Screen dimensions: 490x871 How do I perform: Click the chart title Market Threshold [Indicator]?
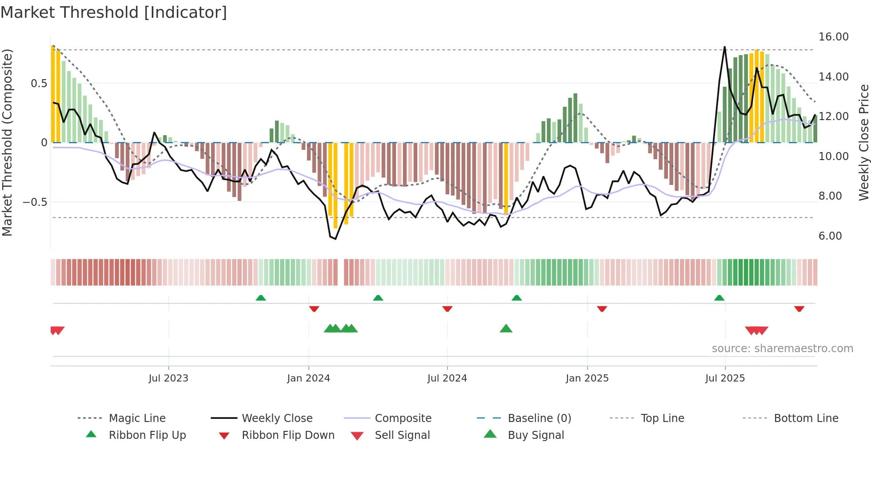tap(114, 12)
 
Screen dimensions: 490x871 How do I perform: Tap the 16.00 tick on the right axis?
tap(833, 37)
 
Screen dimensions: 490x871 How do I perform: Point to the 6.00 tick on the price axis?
tap(830, 236)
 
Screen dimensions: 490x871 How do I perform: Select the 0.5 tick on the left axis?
tap(39, 84)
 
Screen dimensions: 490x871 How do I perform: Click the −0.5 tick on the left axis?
tap(35, 202)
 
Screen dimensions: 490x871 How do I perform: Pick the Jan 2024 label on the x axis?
tap(308, 378)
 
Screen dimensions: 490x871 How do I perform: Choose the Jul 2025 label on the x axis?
tap(725, 378)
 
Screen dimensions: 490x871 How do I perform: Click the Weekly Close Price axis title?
tap(863, 142)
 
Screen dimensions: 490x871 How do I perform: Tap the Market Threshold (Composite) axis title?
tap(7, 142)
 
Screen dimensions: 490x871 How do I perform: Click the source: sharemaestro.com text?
tap(782, 349)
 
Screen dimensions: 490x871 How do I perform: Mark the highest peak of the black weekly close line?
tap(724, 47)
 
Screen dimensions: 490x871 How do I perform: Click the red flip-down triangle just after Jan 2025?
tap(602, 309)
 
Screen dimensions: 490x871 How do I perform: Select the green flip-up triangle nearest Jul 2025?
tap(719, 298)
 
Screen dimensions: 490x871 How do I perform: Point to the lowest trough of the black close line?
tap(335, 239)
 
